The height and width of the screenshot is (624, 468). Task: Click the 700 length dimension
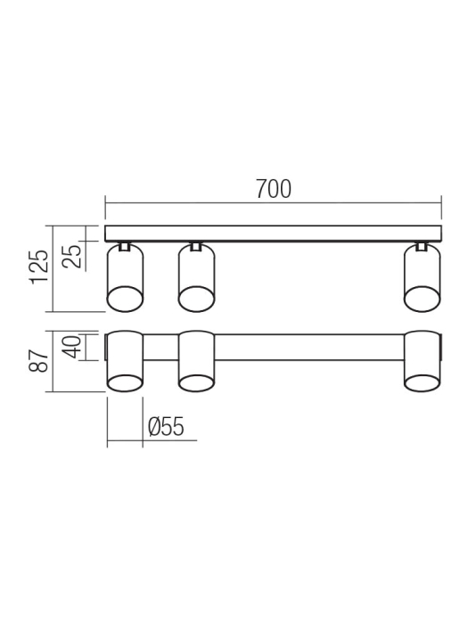[274, 190]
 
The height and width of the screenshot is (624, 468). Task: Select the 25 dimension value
[76, 256]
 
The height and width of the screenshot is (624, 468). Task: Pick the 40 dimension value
[76, 346]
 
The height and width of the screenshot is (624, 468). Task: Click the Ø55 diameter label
[166, 428]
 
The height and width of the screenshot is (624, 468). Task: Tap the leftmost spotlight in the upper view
[125, 277]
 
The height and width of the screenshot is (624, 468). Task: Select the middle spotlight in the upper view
[197, 277]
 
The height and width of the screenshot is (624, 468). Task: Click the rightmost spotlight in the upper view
[423, 277]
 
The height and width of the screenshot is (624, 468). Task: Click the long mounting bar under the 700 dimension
[274, 234]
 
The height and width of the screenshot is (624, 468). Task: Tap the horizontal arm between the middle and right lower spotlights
[309, 347]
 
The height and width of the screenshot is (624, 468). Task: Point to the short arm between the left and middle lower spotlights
[160, 347]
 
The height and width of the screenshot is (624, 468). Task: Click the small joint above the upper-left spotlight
[125, 245]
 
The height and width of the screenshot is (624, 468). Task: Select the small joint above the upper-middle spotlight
[197, 245]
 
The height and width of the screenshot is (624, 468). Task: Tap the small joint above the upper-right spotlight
[423, 245]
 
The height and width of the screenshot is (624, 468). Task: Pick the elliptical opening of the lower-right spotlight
[423, 383]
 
